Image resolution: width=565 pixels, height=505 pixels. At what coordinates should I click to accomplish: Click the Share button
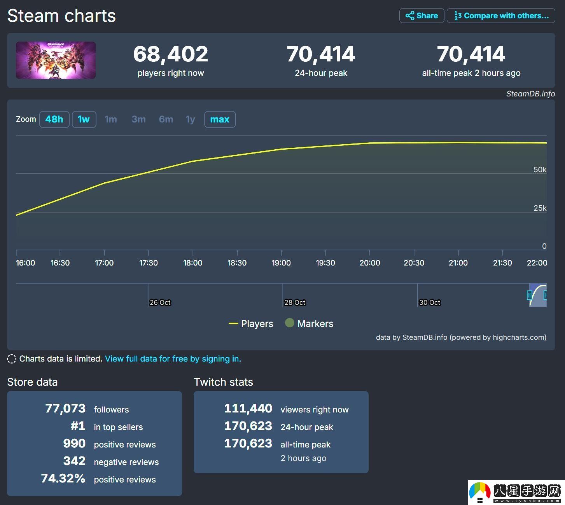(x=422, y=16)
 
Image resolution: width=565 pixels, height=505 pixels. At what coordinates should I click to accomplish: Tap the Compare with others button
(x=501, y=16)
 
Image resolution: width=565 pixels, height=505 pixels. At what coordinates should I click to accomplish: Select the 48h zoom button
(x=54, y=119)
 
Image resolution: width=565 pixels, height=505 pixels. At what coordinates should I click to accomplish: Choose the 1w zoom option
(x=84, y=119)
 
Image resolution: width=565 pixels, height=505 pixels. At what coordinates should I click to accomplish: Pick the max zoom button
(x=220, y=119)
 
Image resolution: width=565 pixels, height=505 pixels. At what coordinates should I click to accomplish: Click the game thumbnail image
(x=56, y=60)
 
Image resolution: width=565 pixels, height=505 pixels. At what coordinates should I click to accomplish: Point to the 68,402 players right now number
(x=171, y=54)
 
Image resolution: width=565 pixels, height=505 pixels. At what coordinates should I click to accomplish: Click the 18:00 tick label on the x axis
(x=193, y=263)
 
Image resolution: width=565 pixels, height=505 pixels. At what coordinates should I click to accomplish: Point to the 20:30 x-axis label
(x=414, y=263)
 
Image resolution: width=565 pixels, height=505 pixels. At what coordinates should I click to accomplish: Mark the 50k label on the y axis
(x=540, y=169)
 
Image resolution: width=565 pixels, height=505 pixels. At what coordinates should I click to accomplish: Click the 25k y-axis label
(x=540, y=208)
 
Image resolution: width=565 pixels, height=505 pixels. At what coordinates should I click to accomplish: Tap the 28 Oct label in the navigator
(x=295, y=302)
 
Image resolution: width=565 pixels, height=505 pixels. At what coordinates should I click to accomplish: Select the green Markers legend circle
(x=289, y=323)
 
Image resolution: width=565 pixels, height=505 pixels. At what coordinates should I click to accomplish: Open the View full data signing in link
(x=173, y=358)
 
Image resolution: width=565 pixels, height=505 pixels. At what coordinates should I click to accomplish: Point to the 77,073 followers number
(x=65, y=409)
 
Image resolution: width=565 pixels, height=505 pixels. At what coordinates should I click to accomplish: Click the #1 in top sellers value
(x=78, y=426)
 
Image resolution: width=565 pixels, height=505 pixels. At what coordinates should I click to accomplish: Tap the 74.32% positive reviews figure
(x=63, y=478)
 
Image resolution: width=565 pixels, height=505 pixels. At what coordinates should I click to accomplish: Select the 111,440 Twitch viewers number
(x=248, y=409)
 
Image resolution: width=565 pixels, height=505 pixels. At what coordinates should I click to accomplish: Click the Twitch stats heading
(x=223, y=382)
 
